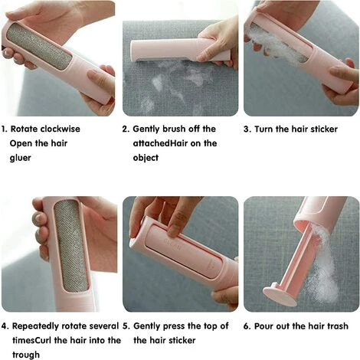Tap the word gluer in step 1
tap(20, 158)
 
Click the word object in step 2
tap(146, 158)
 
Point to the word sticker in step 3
tap(325, 129)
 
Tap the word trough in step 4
tap(26, 355)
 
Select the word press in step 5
tap(174, 326)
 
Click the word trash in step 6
tap(337, 326)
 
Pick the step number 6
tap(247, 326)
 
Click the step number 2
tap(126, 129)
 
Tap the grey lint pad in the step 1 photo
tap(39, 46)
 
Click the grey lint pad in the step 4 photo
tap(70, 246)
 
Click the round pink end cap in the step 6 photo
tap(280, 294)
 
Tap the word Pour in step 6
tap(263, 326)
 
